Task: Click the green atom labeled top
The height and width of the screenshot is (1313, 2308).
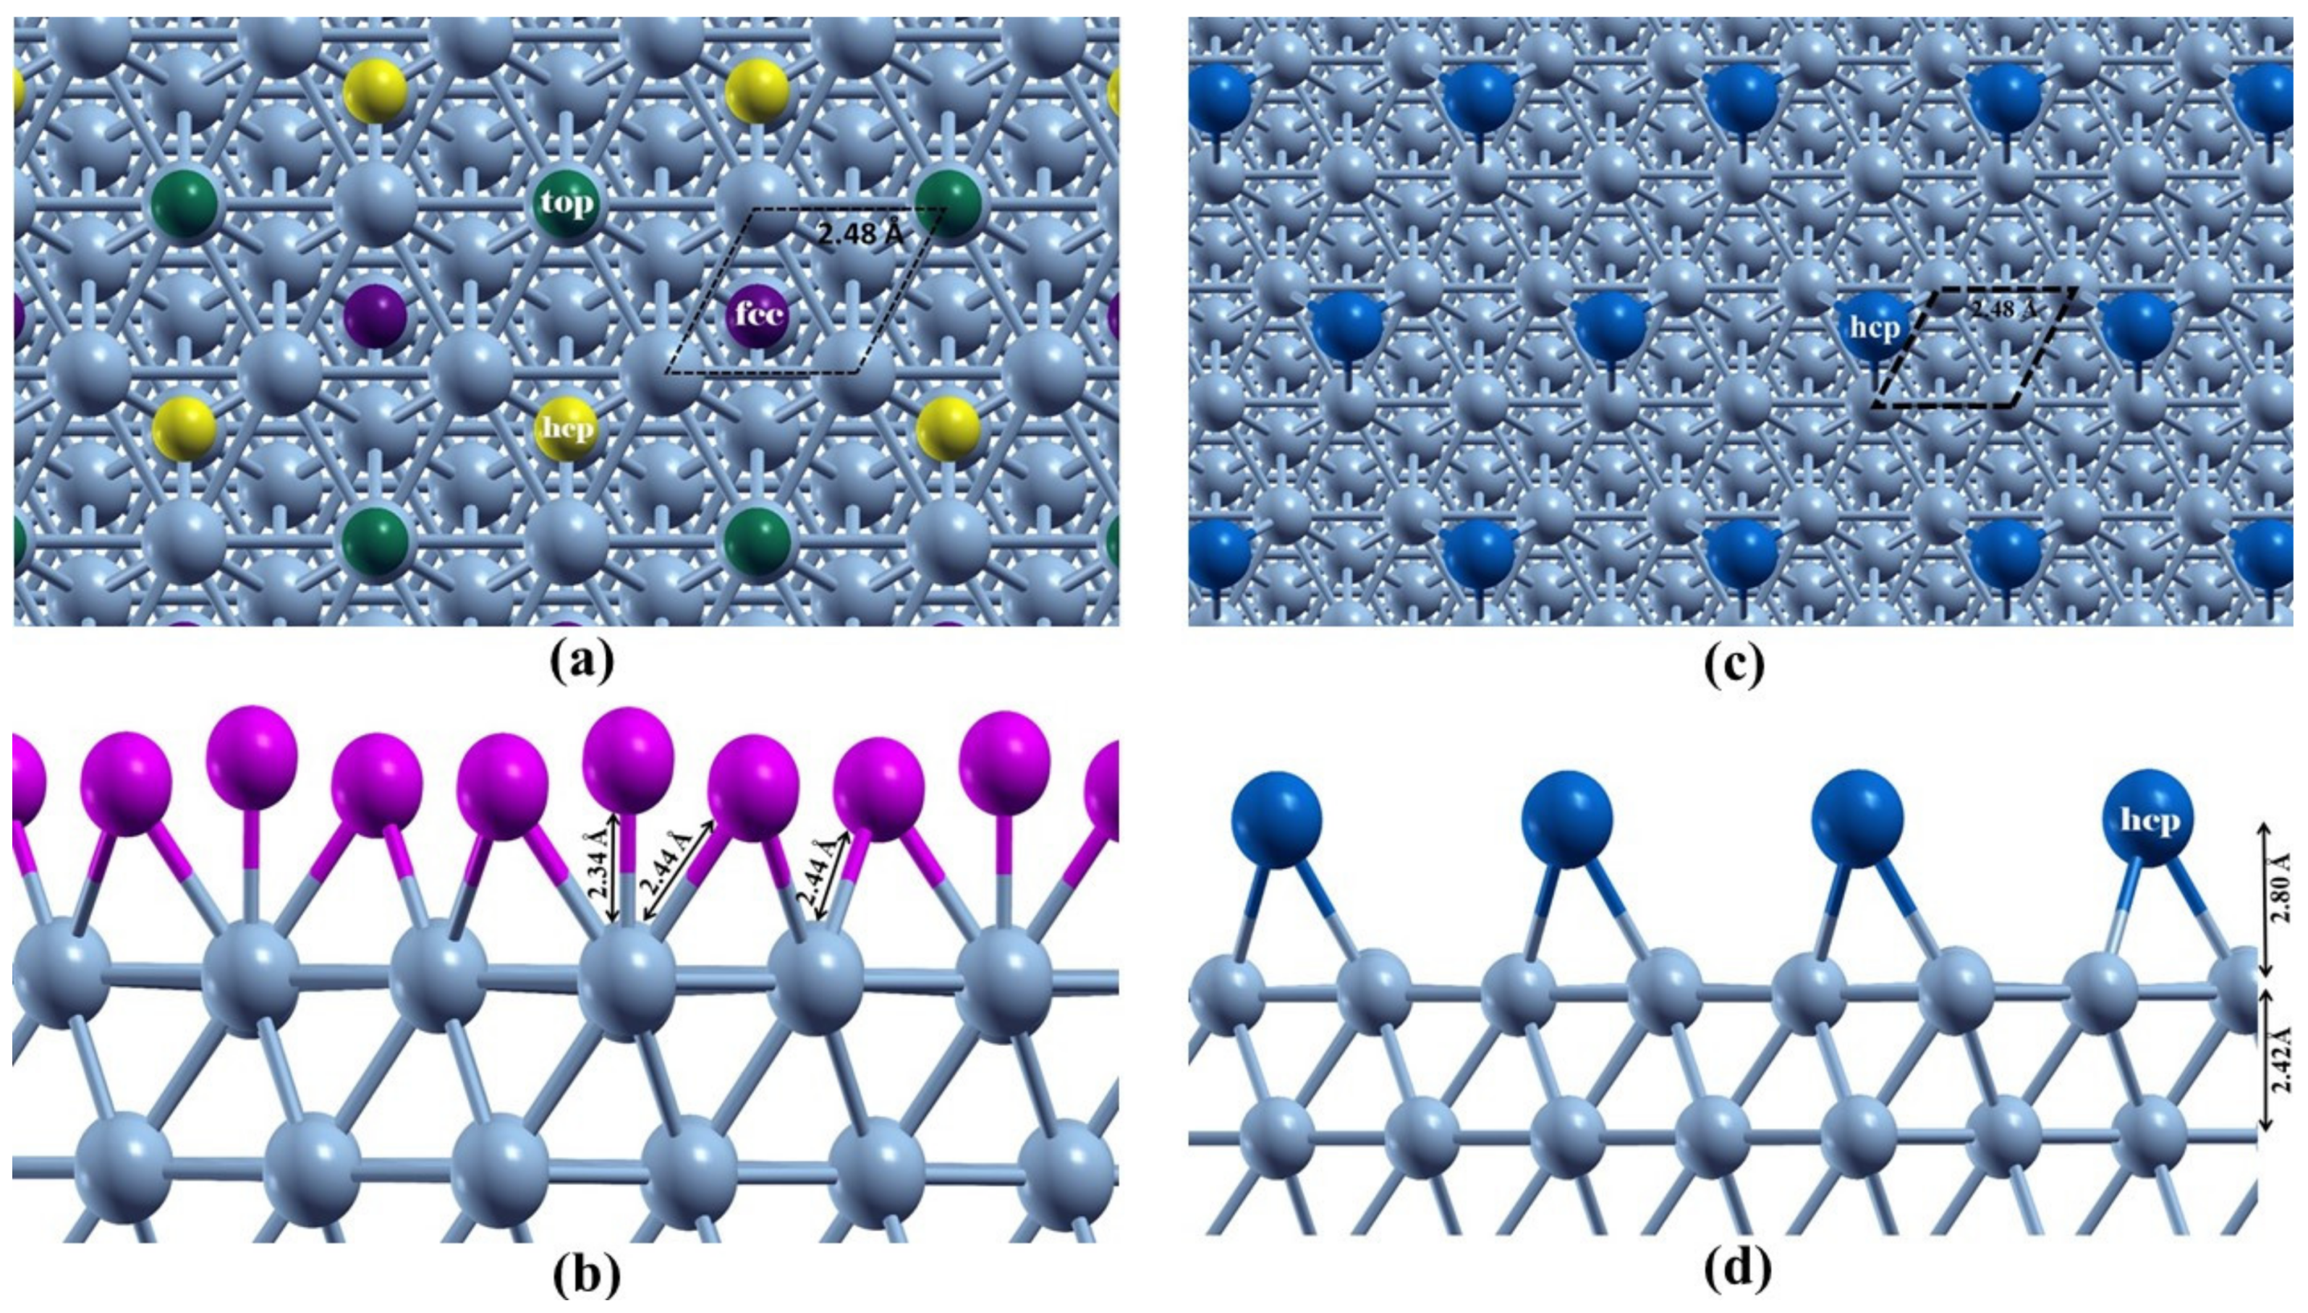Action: click(x=567, y=204)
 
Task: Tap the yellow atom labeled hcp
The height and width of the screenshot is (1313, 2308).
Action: click(x=567, y=428)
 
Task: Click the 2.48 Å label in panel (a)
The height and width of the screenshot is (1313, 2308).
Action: click(x=860, y=234)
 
